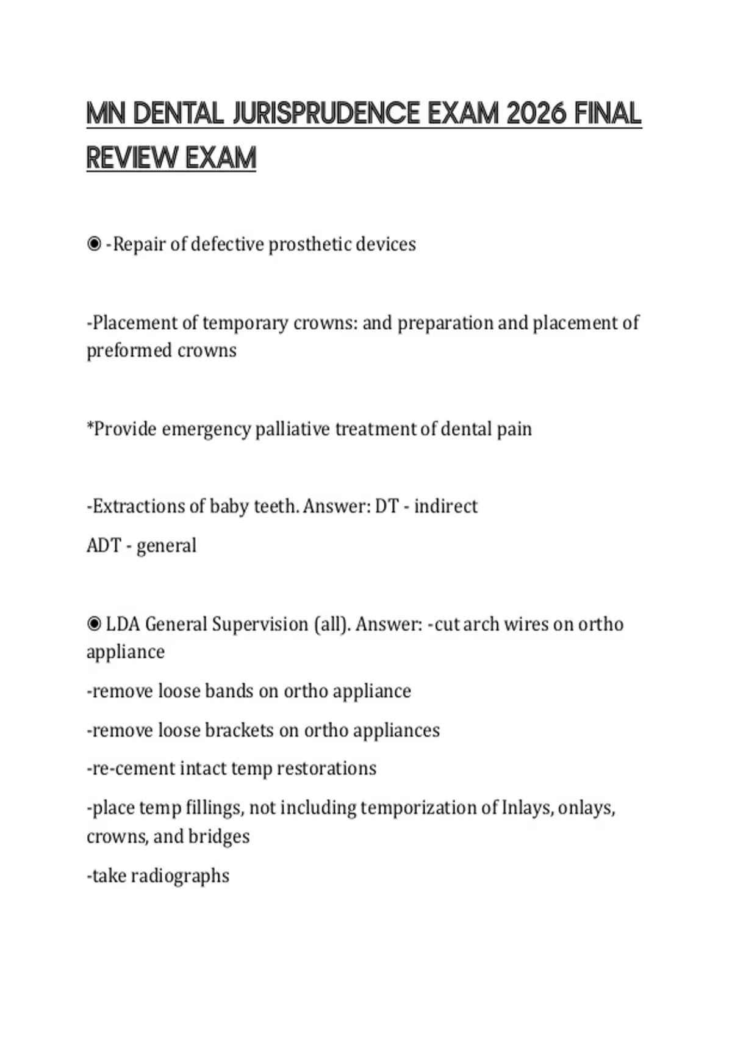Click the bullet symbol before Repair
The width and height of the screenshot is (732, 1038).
[94, 244]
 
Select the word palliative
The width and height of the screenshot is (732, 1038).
[293, 429]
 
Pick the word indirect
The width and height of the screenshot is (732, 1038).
[446, 506]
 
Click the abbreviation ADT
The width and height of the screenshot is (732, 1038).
[104, 545]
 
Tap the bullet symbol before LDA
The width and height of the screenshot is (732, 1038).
[94, 624]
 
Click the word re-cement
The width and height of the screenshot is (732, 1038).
[131, 768]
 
